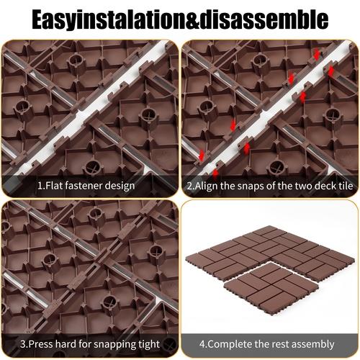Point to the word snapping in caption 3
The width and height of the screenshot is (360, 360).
[118, 344]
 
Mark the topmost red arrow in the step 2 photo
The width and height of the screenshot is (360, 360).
[314, 53]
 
